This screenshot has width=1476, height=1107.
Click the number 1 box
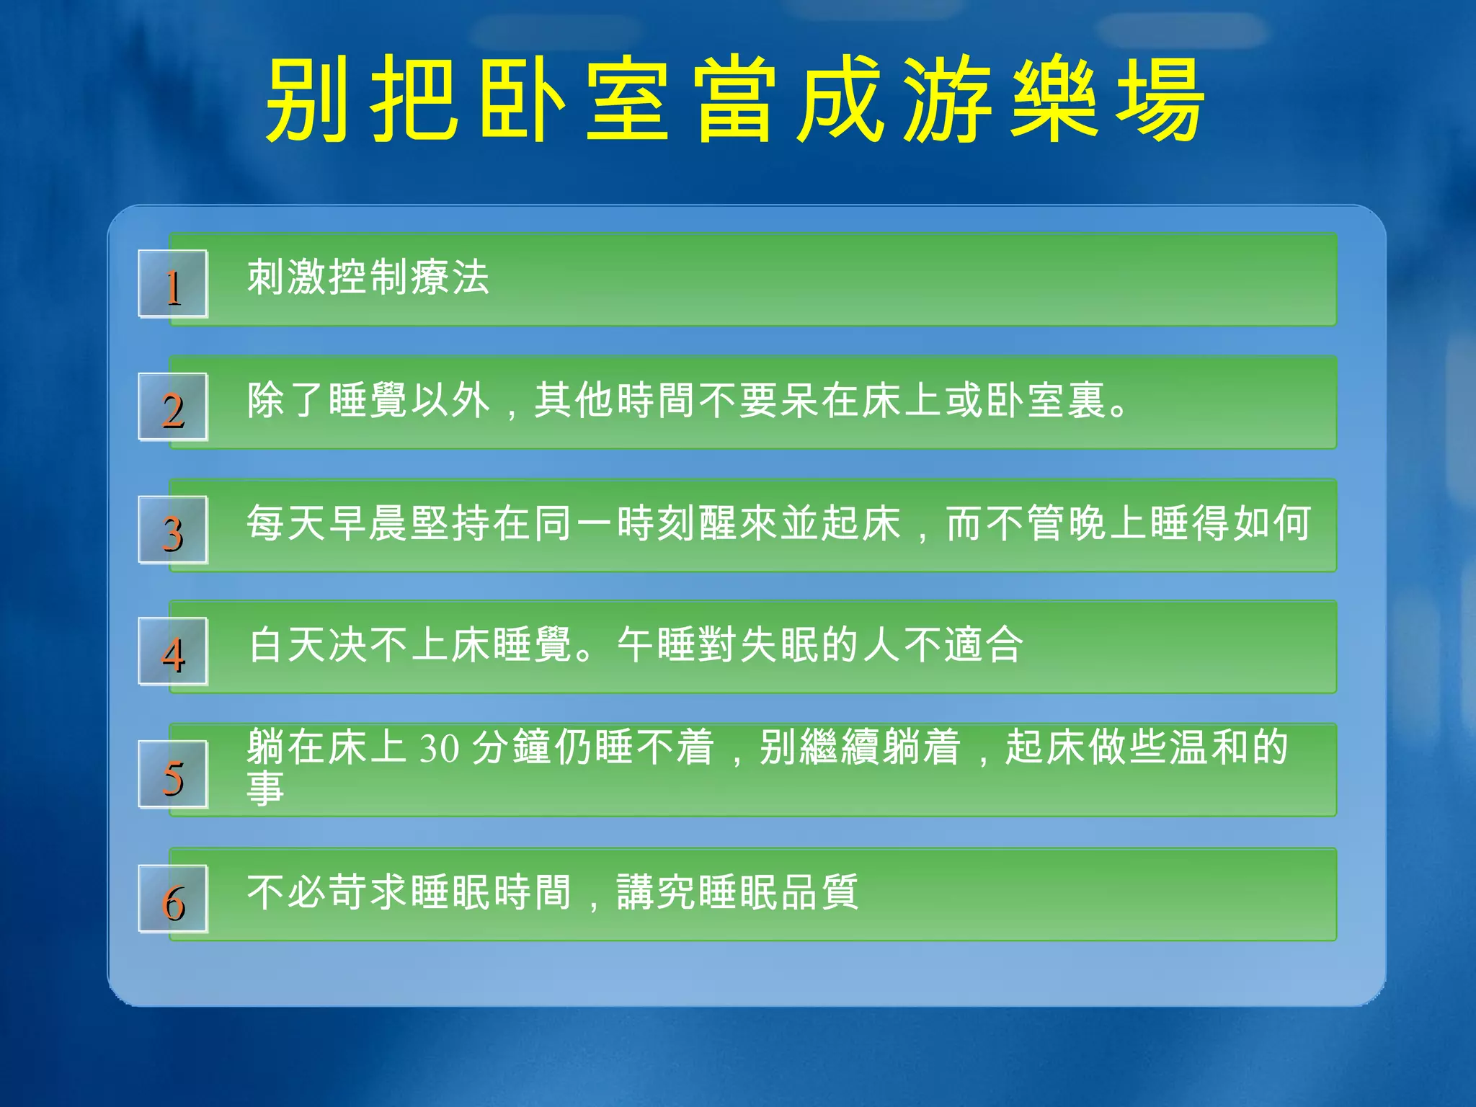coord(173,284)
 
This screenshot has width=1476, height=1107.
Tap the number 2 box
coord(173,407)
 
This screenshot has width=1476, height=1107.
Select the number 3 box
coord(173,530)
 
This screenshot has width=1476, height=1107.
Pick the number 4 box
coord(173,652)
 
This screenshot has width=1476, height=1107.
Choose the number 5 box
coord(173,775)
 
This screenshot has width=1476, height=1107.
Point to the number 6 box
coord(173,899)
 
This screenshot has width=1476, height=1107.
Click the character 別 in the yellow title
coord(308,99)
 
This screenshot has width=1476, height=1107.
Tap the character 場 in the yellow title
coord(1160,99)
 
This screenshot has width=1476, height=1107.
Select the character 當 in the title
coord(734,99)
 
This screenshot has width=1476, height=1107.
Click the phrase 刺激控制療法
coord(368,277)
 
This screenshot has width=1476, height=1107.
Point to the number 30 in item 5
coord(440,747)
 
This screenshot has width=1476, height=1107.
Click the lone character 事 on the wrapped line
coord(265,788)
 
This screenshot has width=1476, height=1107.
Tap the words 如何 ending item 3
coord(1272,523)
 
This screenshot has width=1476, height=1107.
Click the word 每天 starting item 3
coord(287,523)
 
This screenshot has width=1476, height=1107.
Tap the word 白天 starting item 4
coord(287,644)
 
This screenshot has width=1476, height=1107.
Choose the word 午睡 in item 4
coord(657,644)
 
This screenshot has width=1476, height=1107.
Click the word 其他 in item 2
coord(574,401)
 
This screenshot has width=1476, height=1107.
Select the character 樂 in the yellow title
coord(1054,99)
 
